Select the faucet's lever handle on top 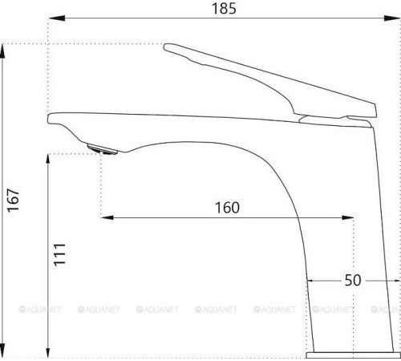click(265, 80)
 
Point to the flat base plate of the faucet click(353, 352)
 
